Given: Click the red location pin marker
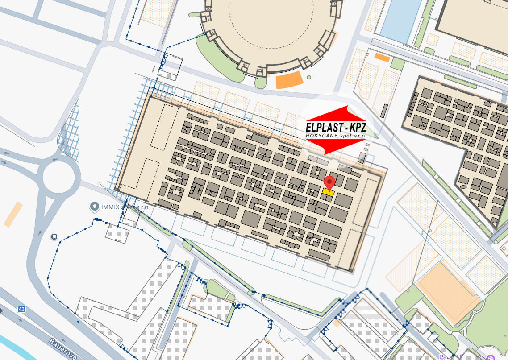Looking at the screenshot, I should (x=329, y=182).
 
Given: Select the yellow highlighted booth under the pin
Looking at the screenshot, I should (x=328, y=192).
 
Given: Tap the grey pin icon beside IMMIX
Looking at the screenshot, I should (x=94, y=207).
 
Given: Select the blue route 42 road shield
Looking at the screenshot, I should (x=21, y=309).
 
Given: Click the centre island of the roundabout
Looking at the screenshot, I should (x=61, y=177).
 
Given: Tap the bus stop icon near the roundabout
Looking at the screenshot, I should (x=54, y=237).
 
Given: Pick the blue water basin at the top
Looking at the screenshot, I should (x=400, y=20).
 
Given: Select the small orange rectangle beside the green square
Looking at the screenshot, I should (x=382, y=57).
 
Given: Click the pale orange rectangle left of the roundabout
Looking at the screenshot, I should (x=13, y=214).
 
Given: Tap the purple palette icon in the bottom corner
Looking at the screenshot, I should (x=490, y=357).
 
